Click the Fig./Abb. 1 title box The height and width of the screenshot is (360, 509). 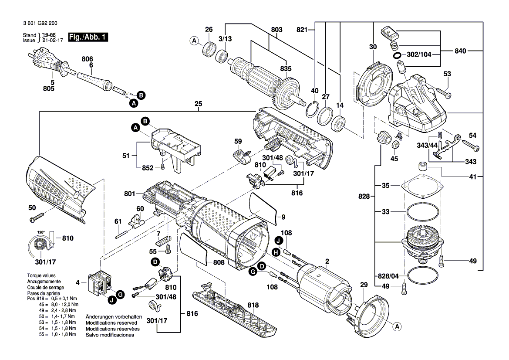click(88, 38)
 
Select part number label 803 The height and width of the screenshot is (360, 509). click(276, 30)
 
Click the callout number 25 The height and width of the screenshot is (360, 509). click(199, 105)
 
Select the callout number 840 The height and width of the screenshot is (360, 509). click(460, 51)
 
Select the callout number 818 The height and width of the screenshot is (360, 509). click(253, 305)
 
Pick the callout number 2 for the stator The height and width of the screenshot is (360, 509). click(327, 262)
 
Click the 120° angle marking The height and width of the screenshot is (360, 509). click(41, 233)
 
